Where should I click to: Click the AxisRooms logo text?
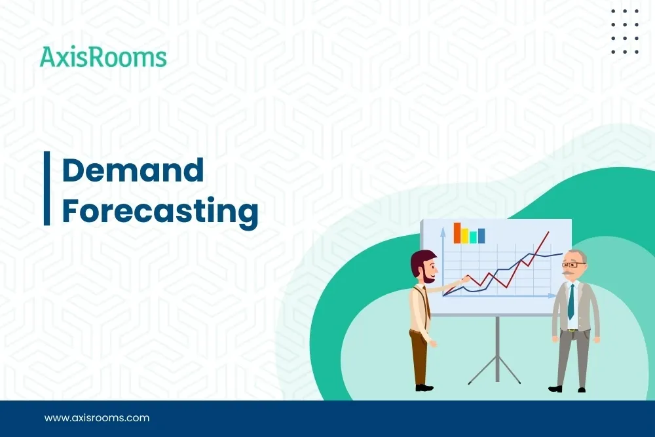(103, 58)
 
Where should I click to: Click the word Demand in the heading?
(133, 171)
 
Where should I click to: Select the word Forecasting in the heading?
(160, 212)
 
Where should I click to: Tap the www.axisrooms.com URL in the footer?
(97, 417)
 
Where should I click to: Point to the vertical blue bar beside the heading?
(47, 188)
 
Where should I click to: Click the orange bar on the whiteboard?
(457, 233)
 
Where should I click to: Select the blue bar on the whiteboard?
(481, 236)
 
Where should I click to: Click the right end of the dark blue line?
(561, 254)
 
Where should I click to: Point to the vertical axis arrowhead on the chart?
(443, 229)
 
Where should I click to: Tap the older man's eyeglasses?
(573, 263)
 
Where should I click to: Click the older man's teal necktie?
(571, 301)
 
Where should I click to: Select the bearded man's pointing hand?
(466, 279)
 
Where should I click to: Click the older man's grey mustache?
(569, 271)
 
